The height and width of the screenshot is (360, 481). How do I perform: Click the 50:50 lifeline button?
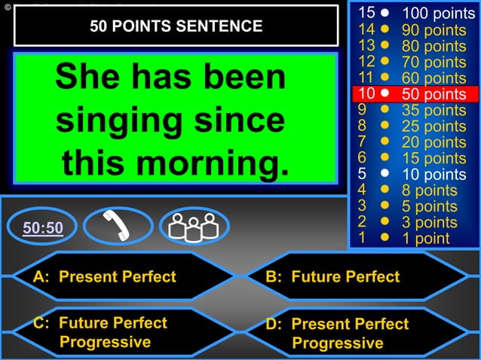tap(42, 227)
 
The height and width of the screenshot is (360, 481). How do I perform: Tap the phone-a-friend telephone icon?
tap(117, 226)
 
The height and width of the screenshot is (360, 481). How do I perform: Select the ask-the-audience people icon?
tap(193, 226)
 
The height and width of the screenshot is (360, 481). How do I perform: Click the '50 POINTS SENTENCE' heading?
tap(176, 26)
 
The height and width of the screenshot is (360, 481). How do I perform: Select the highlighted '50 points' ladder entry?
tap(434, 94)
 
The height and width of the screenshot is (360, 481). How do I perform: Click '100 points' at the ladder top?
tap(438, 14)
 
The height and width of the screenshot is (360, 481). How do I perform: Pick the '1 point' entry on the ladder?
tap(425, 238)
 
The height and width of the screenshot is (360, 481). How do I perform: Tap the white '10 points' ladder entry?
tap(434, 174)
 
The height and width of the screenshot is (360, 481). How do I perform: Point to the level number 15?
tap(366, 13)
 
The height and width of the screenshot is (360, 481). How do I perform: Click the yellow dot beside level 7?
tap(384, 141)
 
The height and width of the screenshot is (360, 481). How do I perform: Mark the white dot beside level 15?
tap(384, 14)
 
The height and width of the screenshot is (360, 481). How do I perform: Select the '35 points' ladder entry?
tap(434, 111)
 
